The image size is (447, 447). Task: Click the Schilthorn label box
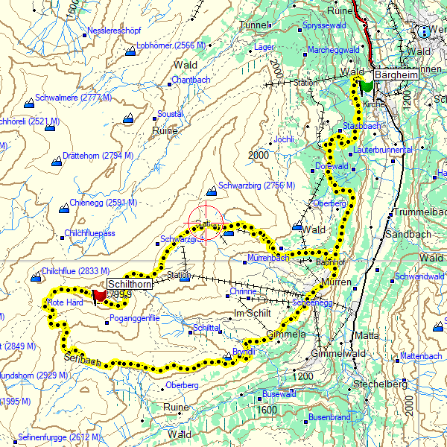130,284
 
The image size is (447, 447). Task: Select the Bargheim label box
393,75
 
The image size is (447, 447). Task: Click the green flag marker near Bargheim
366,85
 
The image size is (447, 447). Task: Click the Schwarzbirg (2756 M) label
256,186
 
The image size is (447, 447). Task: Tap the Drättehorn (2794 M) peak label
98,156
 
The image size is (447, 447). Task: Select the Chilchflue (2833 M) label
75,271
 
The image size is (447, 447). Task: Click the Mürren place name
331,283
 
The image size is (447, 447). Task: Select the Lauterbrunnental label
384,150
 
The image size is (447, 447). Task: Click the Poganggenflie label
134,318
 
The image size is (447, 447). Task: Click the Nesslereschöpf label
115,31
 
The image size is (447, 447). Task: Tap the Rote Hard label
66,302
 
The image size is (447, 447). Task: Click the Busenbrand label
329,417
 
